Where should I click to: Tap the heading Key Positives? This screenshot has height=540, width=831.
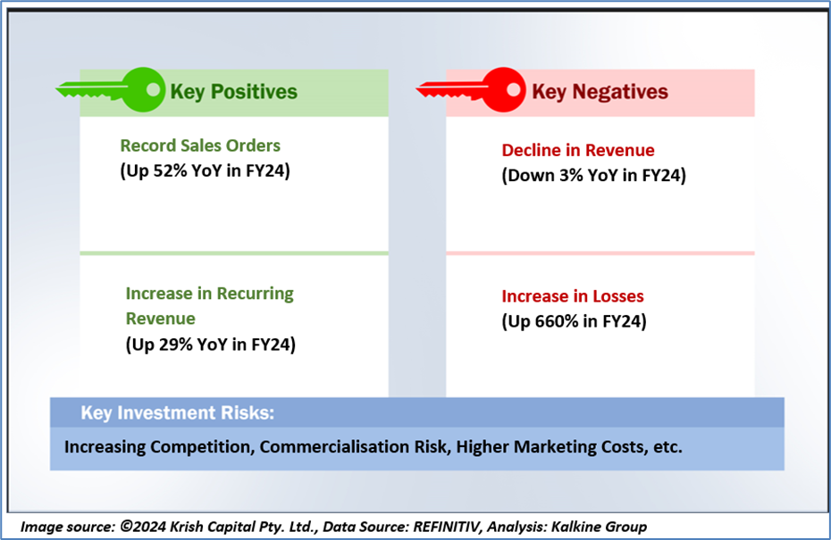[234, 92]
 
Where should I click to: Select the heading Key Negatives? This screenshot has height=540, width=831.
[600, 92]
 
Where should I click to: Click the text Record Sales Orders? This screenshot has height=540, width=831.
[200, 145]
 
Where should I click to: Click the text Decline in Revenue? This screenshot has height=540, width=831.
[578, 150]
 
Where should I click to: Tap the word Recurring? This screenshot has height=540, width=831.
[255, 294]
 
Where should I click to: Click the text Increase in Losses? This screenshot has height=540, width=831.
[573, 296]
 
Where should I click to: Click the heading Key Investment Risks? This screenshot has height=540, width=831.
[178, 412]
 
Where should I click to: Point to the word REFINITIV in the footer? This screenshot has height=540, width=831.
[448, 527]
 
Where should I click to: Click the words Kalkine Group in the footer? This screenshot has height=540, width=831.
[599, 527]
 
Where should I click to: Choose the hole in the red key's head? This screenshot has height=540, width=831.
[513, 89]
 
